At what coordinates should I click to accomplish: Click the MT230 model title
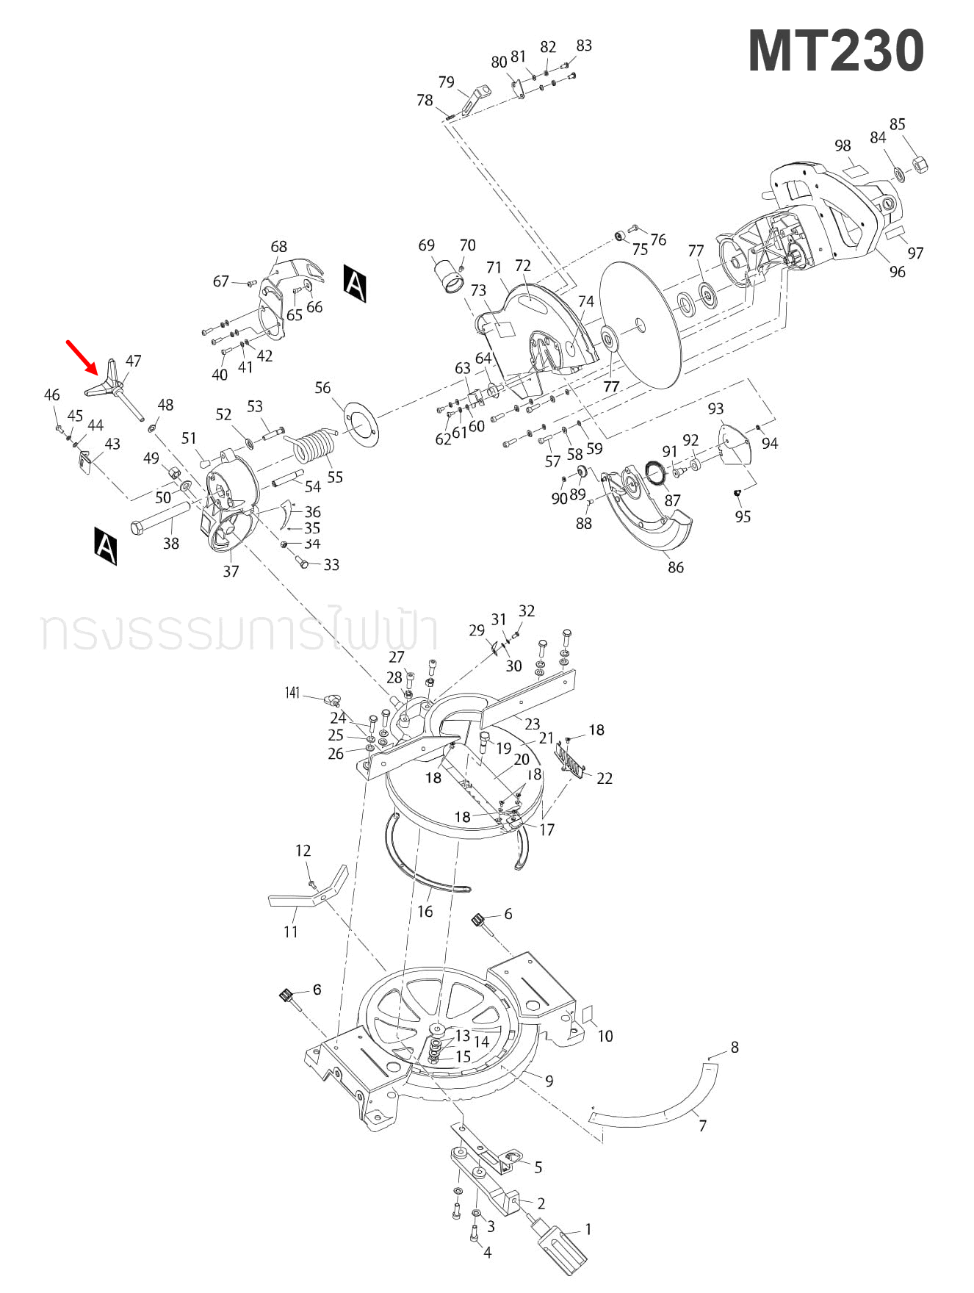tap(835, 51)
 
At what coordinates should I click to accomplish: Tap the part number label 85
tap(897, 124)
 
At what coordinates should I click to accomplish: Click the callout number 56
tap(322, 387)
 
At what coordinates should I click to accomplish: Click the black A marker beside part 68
tap(355, 283)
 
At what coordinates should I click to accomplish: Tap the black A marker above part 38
tap(106, 545)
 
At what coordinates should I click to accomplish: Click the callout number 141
tap(292, 693)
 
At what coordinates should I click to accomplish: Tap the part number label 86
tap(675, 566)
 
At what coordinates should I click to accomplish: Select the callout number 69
tap(426, 245)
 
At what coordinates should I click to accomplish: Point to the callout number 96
tap(897, 272)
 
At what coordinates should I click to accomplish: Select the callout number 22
tap(604, 778)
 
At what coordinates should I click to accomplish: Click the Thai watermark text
tap(239, 630)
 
